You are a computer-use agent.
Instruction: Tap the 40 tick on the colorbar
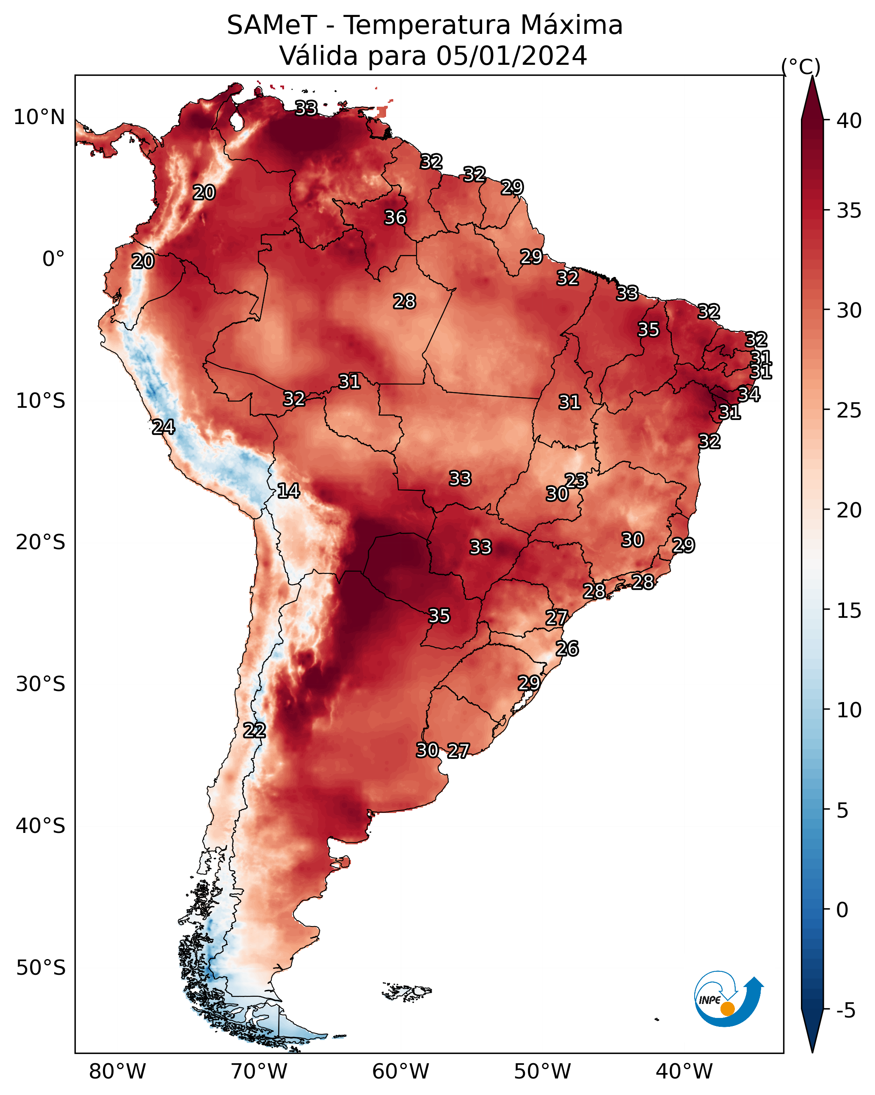pos(849,121)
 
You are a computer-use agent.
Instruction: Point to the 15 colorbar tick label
pos(849,611)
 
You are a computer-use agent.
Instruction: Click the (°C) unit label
pos(800,66)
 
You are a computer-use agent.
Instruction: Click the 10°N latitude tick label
pos(39,117)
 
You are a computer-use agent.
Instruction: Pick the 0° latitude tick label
pos(53,259)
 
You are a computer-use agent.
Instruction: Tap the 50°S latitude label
pos(41,968)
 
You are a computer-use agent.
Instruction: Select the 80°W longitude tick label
pos(117,1072)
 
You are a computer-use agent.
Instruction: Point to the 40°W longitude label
pos(684,1072)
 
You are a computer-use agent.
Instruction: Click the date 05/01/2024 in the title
pos(511,56)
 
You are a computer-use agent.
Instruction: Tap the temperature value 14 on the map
pos(288,491)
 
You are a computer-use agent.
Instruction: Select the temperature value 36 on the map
pos(395,217)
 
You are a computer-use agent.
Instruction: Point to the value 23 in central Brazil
pos(576,481)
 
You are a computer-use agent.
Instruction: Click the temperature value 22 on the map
pos(254,730)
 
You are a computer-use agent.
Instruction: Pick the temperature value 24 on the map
pos(163,427)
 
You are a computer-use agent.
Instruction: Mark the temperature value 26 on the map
pos(567,649)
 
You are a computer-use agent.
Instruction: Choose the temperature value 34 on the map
pos(748,394)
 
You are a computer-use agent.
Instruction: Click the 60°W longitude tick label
pos(401,1072)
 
